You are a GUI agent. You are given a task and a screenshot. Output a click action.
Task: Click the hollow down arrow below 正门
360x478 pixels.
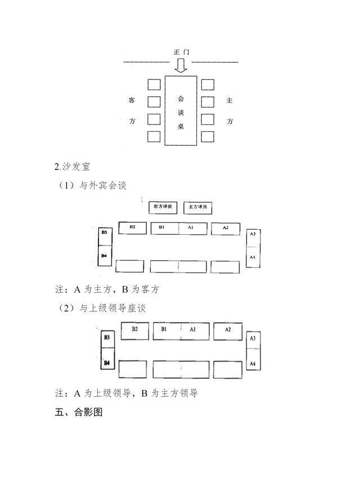[181, 66]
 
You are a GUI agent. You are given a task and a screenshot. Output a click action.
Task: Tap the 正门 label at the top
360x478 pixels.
[181, 52]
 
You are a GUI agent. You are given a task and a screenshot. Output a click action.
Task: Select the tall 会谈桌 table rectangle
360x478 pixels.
[181, 110]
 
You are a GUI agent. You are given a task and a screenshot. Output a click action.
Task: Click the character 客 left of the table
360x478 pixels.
[132, 101]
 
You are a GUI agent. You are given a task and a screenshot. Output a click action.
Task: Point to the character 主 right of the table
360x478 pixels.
[229, 101]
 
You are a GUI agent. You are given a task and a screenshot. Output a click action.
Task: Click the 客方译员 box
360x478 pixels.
[164, 207]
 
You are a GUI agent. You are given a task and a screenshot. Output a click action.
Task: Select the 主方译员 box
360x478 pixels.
[198, 207]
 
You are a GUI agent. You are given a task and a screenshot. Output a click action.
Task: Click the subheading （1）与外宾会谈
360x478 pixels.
[90, 186]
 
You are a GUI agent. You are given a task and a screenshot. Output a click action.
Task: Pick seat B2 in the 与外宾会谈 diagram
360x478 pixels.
[133, 228]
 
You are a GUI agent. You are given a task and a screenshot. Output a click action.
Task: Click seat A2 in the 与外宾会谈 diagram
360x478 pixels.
[225, 228]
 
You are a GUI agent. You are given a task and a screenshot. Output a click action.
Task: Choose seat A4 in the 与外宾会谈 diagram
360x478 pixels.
[253, 258]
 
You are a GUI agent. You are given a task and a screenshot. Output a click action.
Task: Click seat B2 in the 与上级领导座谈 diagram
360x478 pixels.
[135, 330]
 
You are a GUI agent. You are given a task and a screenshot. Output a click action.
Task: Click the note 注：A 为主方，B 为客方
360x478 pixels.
[107, 290]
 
